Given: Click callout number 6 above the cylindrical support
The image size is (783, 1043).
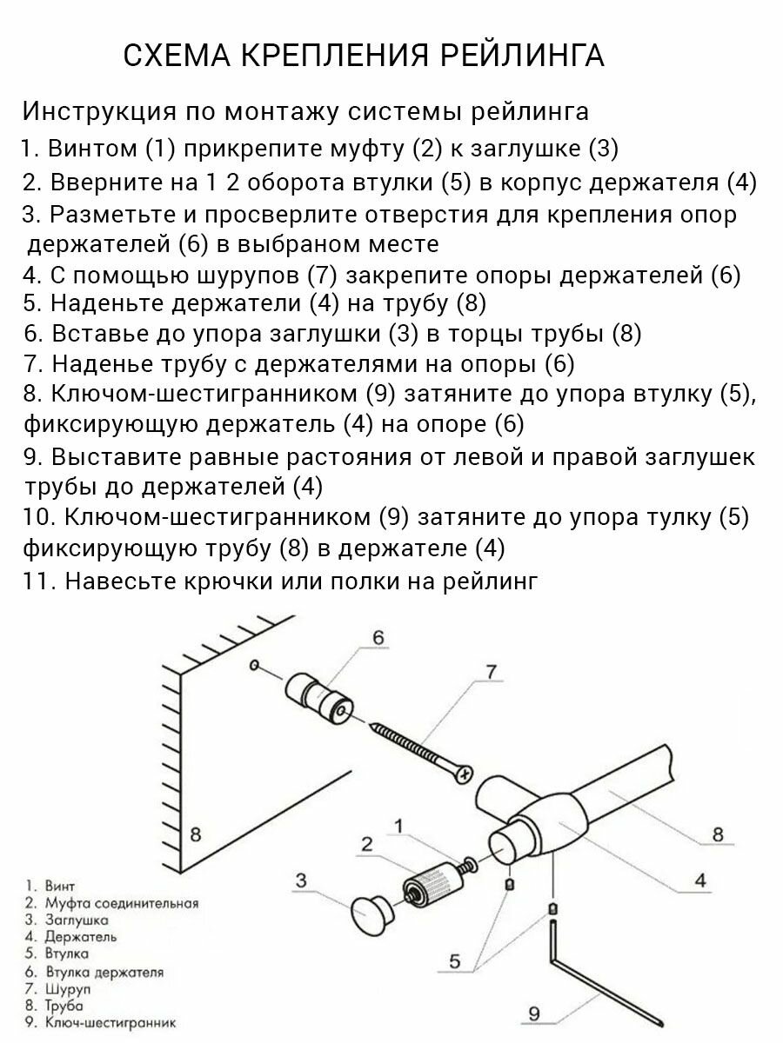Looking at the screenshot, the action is click(378, 638).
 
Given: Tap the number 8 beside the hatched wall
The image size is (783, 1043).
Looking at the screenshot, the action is click(195, 834).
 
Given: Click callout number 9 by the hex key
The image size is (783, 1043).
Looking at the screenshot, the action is click(535, 1013).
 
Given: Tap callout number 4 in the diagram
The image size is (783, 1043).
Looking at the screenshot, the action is click(699, 880).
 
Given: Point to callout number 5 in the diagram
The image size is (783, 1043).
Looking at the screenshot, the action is click(454, 961).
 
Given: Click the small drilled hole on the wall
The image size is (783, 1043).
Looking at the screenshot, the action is click(253, 666).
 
